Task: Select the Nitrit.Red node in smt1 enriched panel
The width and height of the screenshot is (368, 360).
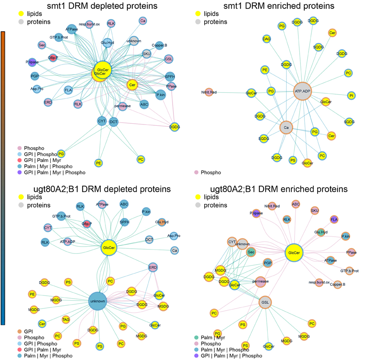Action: coord(209,92)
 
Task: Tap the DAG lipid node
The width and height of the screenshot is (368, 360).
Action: coord(267,39)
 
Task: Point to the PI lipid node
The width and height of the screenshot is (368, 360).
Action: coord(351,96)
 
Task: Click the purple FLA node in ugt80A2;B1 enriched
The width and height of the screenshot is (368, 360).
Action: coord(334,219)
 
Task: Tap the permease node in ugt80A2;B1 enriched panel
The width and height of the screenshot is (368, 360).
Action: coord(260,281)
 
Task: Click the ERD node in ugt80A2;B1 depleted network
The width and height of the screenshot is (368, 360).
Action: coord(153,267)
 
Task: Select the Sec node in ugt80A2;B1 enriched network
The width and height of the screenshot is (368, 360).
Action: coord(251,252)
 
